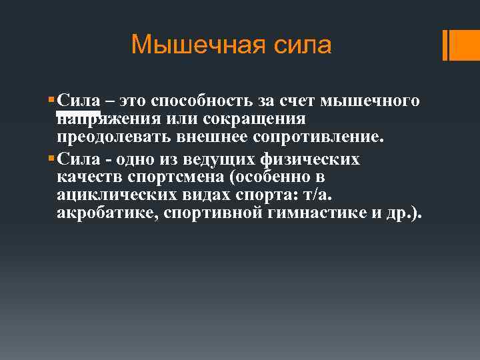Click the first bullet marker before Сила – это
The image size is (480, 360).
point(52,101)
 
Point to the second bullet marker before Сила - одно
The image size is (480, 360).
point(52,159)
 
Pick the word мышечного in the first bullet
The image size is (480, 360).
point(371,101)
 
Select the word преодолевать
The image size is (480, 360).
point(110,138)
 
